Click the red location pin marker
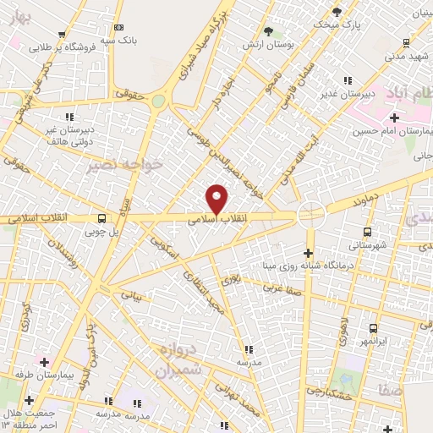click(218, 199)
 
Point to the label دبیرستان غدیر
click(346, 94)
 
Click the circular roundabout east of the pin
click(311, 214)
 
